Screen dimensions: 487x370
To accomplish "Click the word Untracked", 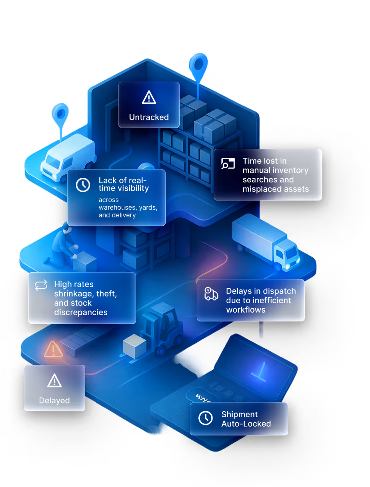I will pos(149,117).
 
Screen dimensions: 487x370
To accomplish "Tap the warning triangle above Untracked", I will pos(149,97).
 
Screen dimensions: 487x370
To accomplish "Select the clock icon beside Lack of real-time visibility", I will pos(83,185).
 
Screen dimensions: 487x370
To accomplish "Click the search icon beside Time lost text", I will pos(228,164).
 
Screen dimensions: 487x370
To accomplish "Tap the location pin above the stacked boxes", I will pos(198,65).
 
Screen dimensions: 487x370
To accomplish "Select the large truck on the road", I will pos(266,240).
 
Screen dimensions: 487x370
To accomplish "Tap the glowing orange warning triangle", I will pos(53,349).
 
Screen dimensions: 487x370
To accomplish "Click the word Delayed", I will pos(54,400).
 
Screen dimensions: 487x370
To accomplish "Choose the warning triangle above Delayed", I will pos(54,381).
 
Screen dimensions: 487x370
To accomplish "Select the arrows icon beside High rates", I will pos(41,285).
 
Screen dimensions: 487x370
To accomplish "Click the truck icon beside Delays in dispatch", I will pos(211,293).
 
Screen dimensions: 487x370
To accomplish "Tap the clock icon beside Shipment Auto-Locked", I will pos(206,418).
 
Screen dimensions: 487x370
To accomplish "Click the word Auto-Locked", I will pos(246,424).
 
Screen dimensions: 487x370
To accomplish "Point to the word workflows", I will pos(246,310).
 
